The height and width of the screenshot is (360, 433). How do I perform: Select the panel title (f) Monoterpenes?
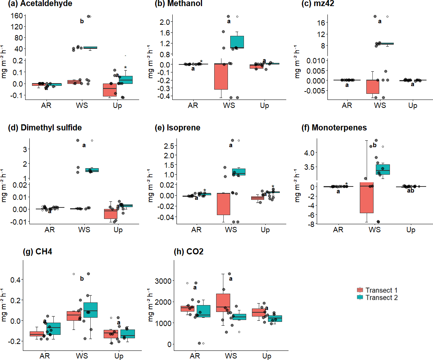(x=339, y=128)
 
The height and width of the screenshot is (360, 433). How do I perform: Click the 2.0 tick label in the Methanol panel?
(x=164, y=22)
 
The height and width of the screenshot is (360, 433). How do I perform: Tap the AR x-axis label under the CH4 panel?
(x=45, y=356)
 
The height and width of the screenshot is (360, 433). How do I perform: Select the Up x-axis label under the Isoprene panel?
(x=265, y=230)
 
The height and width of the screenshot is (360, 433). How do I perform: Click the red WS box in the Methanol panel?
(x=221, y=76)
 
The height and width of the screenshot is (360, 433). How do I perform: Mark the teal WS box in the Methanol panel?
(x=237, y=42)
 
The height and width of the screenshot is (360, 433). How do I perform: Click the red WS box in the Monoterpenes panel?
(x=366, y=199)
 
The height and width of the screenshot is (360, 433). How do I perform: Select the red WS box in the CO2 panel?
(x=223, y=302)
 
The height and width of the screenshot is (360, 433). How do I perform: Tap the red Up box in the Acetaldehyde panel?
(x=110, y=90)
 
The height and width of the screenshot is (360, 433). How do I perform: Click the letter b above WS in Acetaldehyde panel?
(x=82, y=22)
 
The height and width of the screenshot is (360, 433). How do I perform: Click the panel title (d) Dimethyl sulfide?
(x=45, y=128)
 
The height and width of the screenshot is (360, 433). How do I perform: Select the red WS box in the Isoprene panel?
(x=223, y=204)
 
